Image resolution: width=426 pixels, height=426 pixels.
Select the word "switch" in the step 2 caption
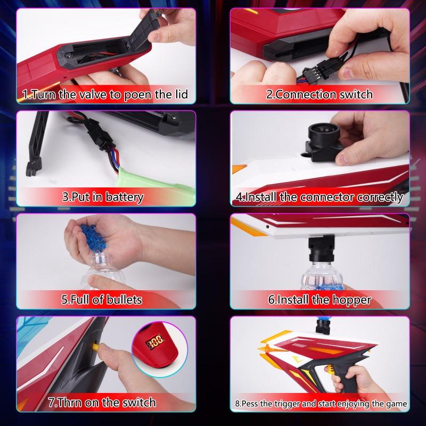pos(356,94)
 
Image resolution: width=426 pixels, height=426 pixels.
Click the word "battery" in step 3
pos(125,197)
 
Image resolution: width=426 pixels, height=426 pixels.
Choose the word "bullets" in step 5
pos(124,300)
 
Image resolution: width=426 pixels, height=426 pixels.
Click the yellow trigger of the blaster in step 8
pos(330,370)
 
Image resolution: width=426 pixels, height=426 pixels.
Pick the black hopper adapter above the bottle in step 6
pos(321,249)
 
